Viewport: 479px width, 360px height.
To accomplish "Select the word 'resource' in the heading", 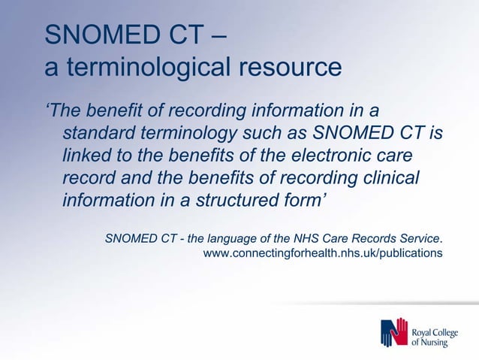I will [x=291, y=68].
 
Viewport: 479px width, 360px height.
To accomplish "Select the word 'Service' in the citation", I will [x=420, y=239].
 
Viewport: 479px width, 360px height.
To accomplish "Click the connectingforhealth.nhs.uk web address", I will [x=323, y=253].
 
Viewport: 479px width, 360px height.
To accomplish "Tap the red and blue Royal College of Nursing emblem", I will [x=393, y=333].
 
